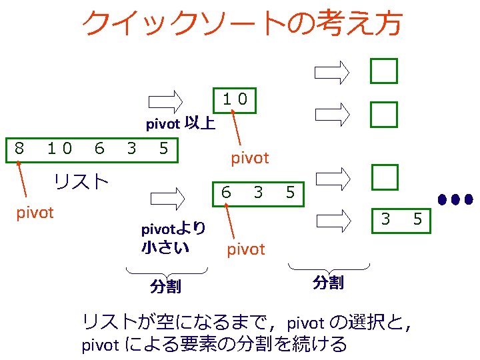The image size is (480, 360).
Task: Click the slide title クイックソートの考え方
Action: tap(241, 24)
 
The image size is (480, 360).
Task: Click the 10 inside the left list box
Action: tap(59, 148)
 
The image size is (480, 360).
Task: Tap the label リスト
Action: tap(81, 181)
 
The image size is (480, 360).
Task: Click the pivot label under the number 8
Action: tap(35, 213)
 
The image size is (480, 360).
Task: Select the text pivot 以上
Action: tap(180, 124)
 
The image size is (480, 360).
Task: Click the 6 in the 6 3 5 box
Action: tap(227, 193)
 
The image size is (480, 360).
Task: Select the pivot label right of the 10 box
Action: tap(249, 158)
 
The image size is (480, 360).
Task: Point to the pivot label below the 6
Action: tap(246, 249)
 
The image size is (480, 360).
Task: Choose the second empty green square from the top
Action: tap(385, 113)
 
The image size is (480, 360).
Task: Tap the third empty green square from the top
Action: tap(385, 177)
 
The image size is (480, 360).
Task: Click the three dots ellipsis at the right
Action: tap(455, 199)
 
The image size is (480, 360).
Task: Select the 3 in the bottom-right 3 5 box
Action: tap(385, 218)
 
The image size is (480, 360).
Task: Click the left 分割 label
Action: tap(165, 287)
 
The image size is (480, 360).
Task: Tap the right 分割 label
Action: tap(328, 283)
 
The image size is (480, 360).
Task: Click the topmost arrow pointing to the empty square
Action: tap(333, 71)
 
